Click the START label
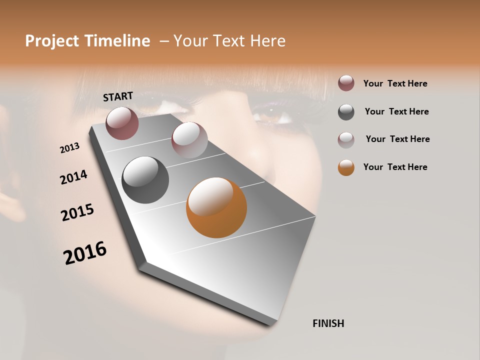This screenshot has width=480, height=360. click(x=118, y=96)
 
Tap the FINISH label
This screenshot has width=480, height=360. click(x=328, y=323)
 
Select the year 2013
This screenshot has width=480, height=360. click(x=70, y=148)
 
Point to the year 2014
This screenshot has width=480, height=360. click(x=74, y=177)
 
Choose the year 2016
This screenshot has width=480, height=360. click(x=85, y=252)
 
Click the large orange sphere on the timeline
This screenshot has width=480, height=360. click(x=216, y=207)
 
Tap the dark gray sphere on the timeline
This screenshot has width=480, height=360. click(x=145, y=180)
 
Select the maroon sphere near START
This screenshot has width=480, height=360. click(x=122, y=123)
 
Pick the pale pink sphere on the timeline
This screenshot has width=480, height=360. click(x=189, y=140)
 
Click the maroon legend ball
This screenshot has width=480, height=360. click(x=346, y=83)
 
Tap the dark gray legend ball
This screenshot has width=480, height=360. click(x=346, y=112)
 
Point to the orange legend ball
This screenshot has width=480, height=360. click(x=346, y=167)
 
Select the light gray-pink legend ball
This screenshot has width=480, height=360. click(x=346, y=140)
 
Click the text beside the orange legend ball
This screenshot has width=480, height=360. click(x=395, y=167)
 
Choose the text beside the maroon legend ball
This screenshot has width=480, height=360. click(x=395, y=83)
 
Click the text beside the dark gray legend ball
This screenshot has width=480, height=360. click(x=396, y=111)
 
